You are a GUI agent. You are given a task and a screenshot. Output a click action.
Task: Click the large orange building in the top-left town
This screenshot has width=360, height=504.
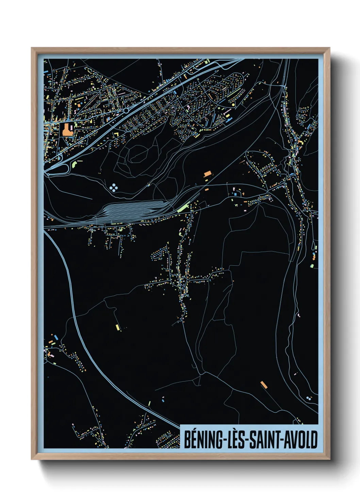coord(66,130)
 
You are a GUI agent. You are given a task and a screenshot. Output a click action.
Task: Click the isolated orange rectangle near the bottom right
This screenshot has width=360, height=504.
coord(264,385)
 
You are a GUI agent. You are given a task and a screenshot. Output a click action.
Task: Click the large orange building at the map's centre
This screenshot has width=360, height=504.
coord(208,174)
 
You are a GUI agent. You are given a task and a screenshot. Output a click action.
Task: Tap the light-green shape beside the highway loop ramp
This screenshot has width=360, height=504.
coord(75,164)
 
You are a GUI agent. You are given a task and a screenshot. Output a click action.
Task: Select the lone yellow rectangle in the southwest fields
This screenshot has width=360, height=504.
coord(118,327)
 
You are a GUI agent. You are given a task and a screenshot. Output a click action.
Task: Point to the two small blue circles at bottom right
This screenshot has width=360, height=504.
coord(309,397)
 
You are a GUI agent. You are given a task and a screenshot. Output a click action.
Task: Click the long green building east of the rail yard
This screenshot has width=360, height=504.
coord(184,207)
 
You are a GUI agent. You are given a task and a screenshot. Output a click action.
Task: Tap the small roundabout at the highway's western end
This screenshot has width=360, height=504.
coord(48,174)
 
